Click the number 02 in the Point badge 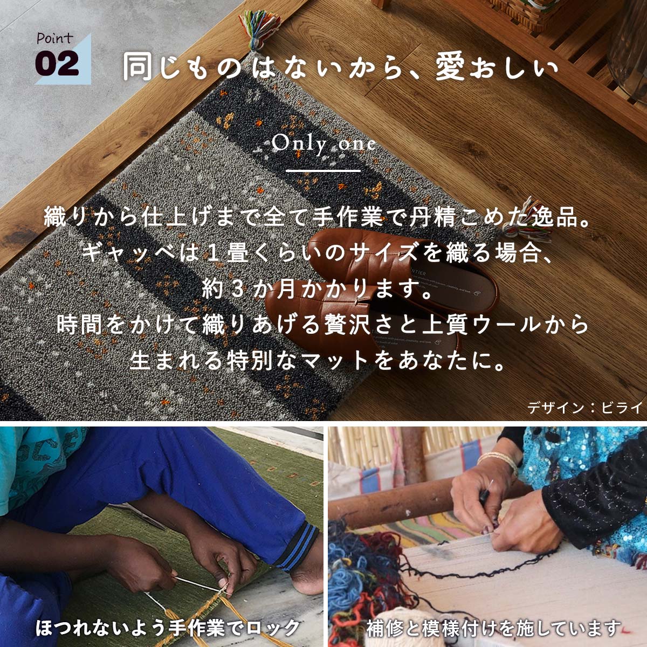[x=57, y=64]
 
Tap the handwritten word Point [x=54, y=38]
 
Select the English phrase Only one [x=323, y=144]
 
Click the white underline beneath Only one [x=323, y=171]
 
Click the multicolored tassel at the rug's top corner [x=259, y=29]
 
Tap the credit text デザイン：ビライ [x=585, y=407]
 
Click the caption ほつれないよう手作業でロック [x=168, y=627]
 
